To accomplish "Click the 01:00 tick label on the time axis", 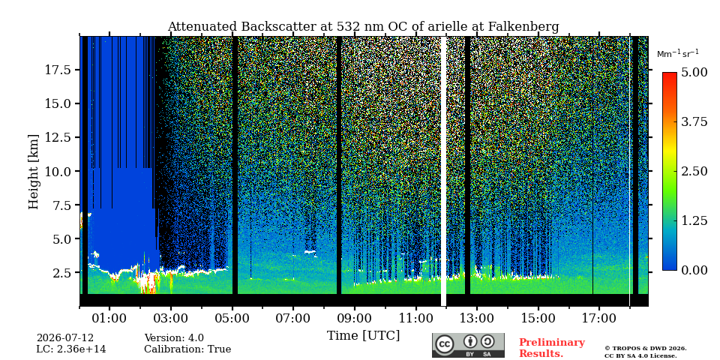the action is [x=109, y=318].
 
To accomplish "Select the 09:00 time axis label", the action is [x=355, y=318].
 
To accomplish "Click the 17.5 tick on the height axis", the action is [x=58, y=70].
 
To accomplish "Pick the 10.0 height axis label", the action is [x=58, y=171].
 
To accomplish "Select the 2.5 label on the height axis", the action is [x=61, y=273].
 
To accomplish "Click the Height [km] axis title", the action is [x=34, y=172].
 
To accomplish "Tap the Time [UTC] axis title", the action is [x=363, y=336].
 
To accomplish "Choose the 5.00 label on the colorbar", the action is [x=694, y=73].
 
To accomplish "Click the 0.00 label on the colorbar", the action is [x=694, y=271].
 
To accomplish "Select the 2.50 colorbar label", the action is [x=694, y=172].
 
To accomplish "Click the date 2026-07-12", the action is [x=64, y=338].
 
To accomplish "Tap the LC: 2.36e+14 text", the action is [x=71, y=349].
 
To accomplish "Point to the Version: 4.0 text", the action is [x=174, y=338].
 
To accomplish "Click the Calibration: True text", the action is [x=187, y=349].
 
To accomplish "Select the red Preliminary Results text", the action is [x=552, y=348].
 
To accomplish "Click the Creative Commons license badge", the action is [x=468, y=345].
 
